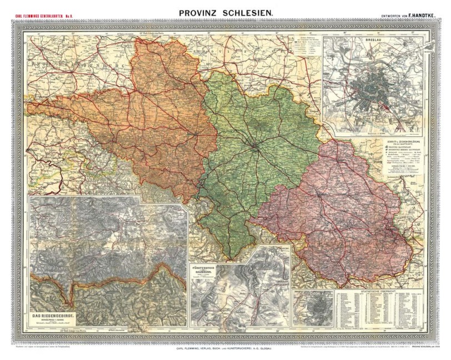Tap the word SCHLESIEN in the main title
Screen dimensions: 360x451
pos(249,12)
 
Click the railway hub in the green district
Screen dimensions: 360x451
pos(254,147)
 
